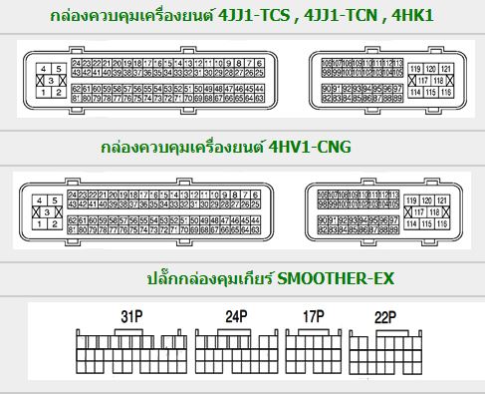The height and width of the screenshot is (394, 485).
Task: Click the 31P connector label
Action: tap(129, 318)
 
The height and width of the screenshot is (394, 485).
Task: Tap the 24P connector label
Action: tap(235, 318)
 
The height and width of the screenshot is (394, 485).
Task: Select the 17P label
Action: tap(314, 318)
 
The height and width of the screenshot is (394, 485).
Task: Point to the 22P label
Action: tap(385, 318)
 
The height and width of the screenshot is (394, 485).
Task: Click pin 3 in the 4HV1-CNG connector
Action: tap(45, 208)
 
